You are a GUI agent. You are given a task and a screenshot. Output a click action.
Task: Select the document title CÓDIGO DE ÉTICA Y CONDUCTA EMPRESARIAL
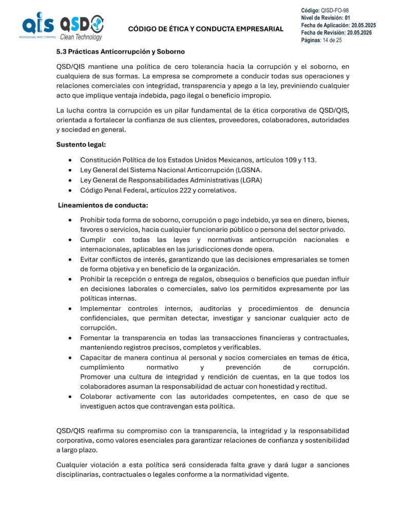click(205, 29)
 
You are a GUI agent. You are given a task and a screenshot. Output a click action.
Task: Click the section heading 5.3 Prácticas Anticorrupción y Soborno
click(120, 52)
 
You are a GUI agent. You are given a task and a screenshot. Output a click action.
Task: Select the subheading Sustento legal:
click(81, 144)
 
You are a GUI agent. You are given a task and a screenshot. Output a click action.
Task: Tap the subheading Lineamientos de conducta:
click(95, 205)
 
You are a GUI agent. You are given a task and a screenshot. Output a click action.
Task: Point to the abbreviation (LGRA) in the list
click(250, 180)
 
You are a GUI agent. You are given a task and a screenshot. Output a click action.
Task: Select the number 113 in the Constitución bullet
click(309, 160)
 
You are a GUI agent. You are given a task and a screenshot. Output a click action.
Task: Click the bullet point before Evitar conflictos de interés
click(70, 259)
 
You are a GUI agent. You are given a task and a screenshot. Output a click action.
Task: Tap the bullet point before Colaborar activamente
click(70, 397)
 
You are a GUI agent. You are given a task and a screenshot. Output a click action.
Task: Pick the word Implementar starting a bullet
click(100, 308)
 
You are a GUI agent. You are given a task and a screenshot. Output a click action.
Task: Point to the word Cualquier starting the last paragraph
click(73, 465)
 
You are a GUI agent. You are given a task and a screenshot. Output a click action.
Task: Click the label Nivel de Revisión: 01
click(325, 18)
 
